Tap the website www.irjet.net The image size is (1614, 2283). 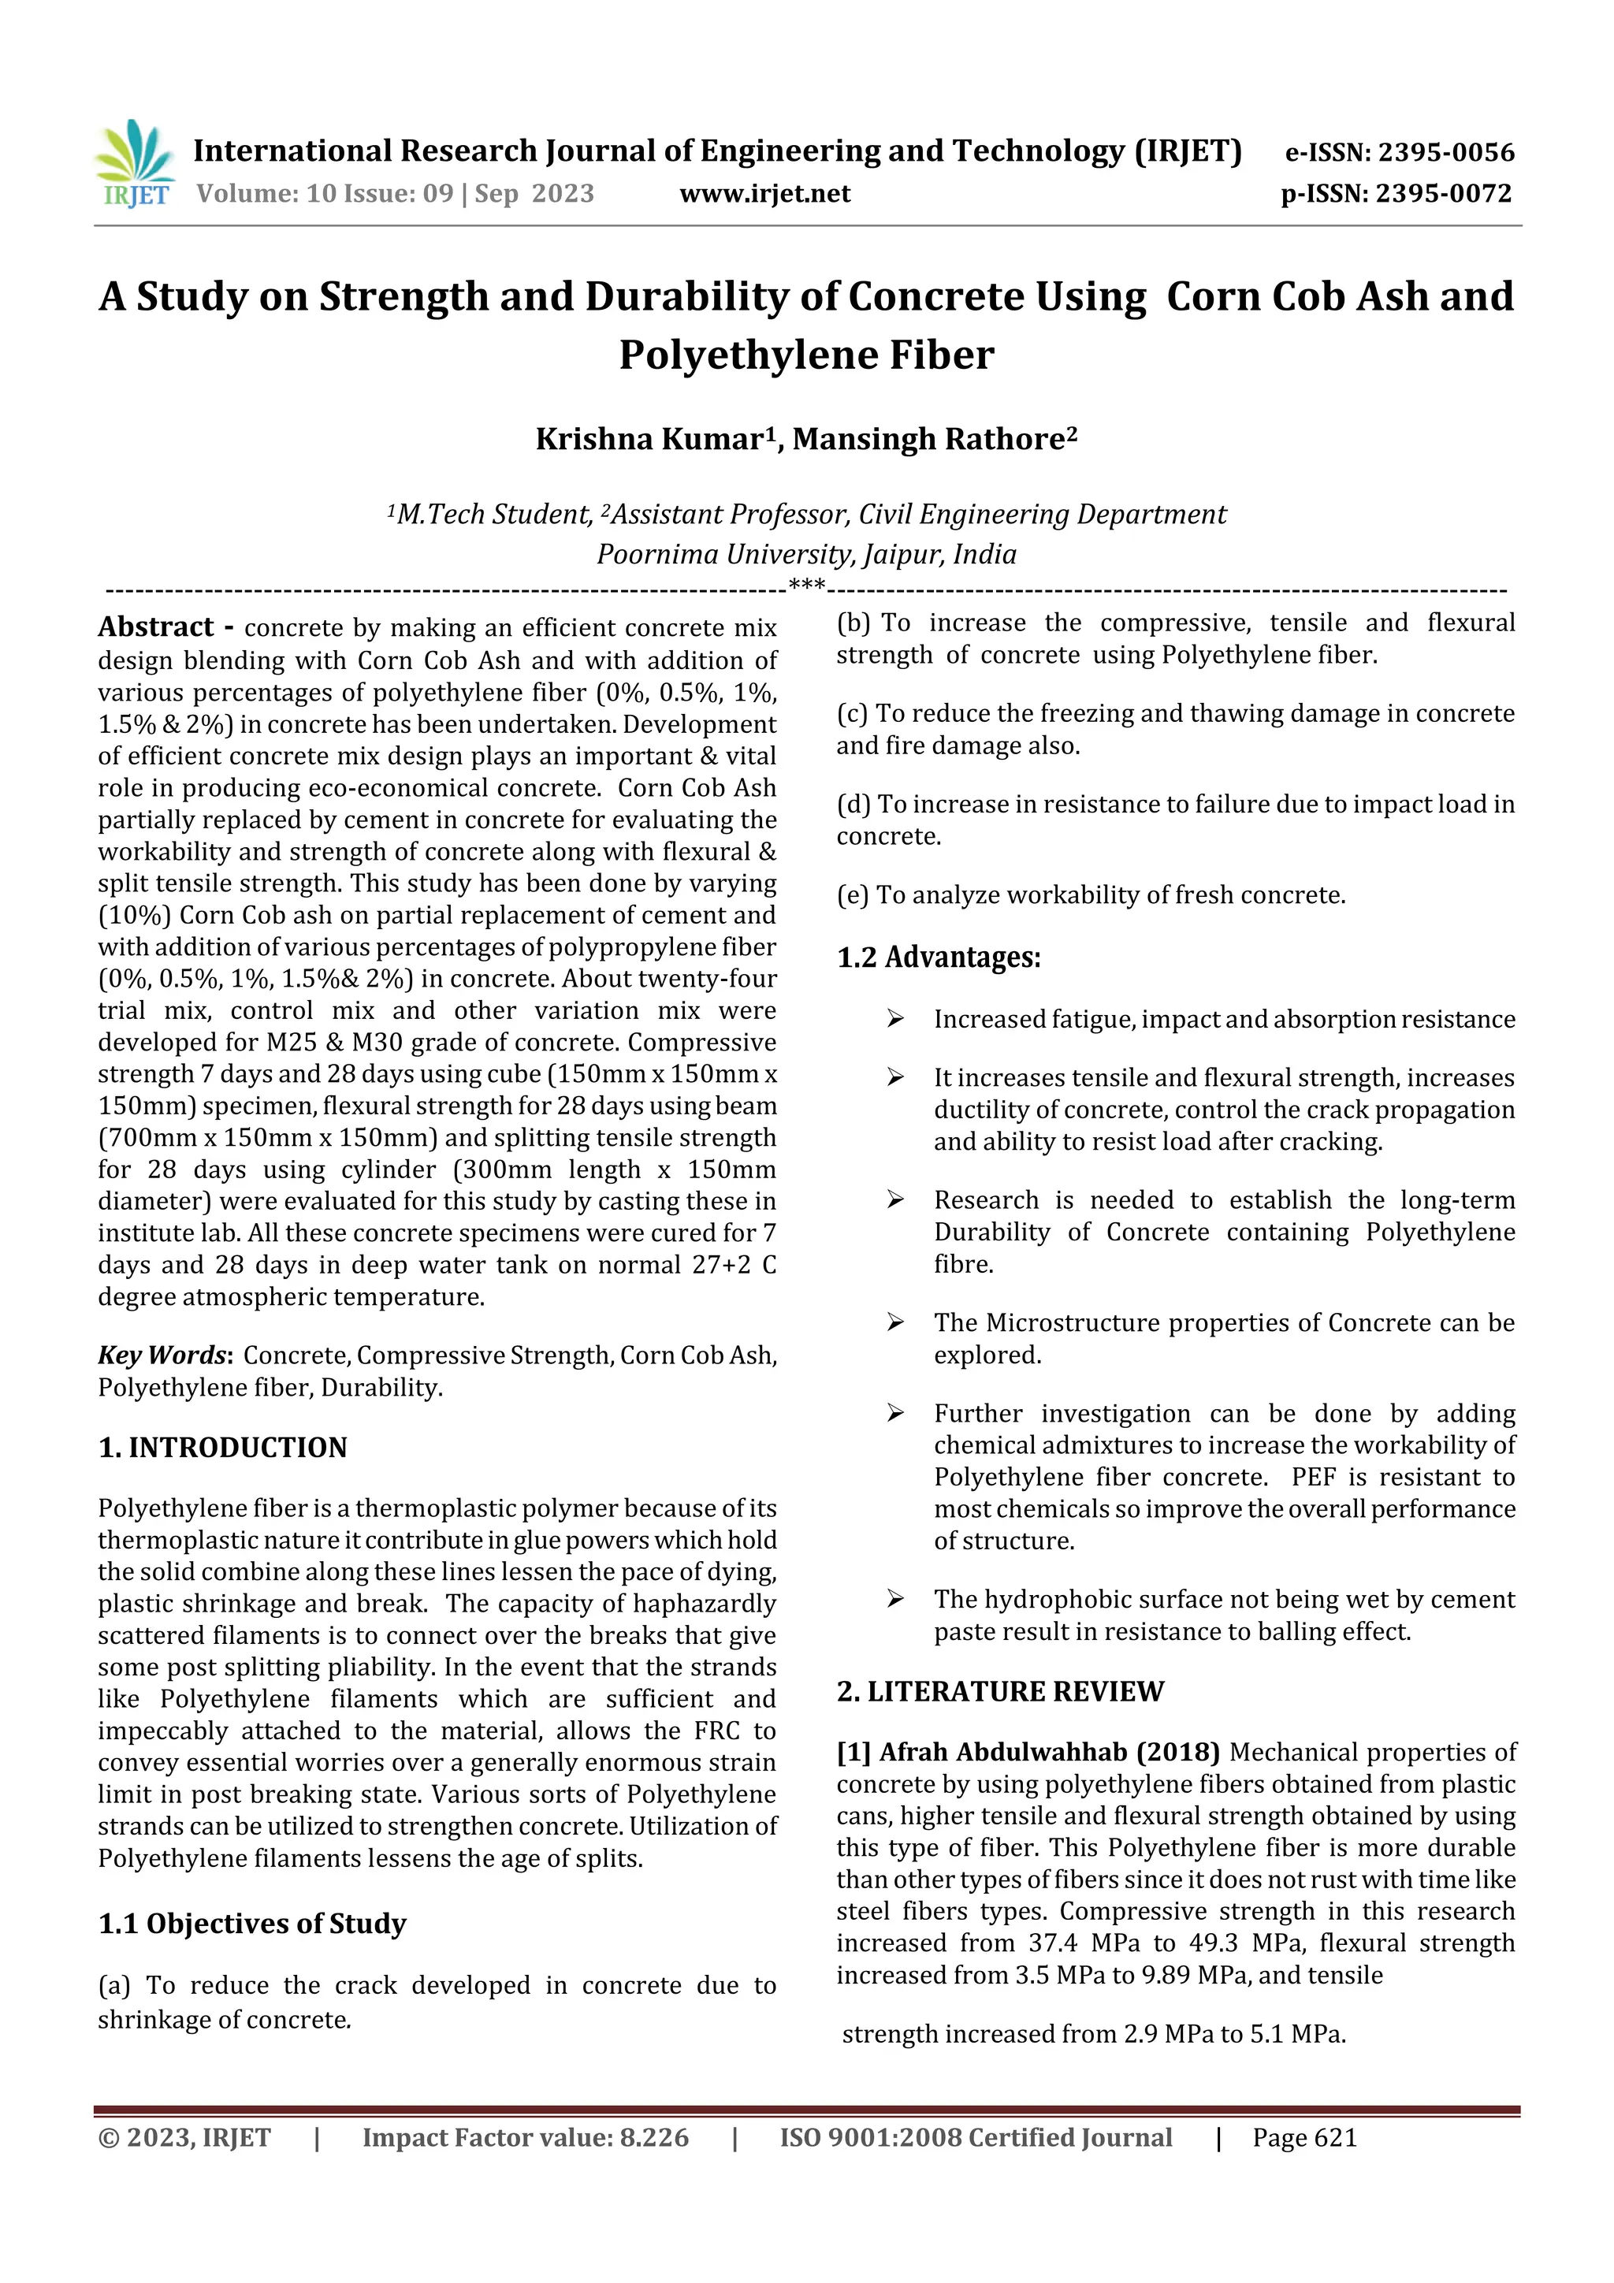pos(764,194)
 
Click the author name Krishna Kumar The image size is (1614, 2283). pos(649,440)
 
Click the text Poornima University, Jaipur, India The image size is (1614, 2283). pos(806,554)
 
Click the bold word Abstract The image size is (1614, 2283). pos(155,627)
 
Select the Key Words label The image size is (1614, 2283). pos(162,1355)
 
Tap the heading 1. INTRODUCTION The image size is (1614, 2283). pos(223,1448)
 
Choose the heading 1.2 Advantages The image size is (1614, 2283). pos(938,957)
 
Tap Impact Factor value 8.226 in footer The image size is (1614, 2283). pos(525,2138)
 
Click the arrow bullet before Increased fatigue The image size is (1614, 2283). pos(895,1019)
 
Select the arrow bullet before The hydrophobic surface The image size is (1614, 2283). pos(895,1599)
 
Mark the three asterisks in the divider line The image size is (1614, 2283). pos(806,585)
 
